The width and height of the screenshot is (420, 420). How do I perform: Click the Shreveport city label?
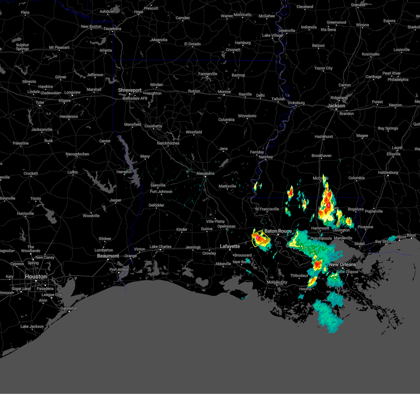click(x=129, y=90)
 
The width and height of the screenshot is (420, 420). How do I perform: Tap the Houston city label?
click(x=36, y=276)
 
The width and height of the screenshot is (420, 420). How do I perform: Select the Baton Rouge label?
click(x=278, y=231)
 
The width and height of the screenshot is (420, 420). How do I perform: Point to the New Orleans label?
click(x=342, y=265)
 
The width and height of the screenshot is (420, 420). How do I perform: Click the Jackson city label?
click(x=336, y=106)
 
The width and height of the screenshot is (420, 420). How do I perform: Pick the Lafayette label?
click(x=230, y=246)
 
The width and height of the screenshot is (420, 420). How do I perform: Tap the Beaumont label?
click(x=108, y=256)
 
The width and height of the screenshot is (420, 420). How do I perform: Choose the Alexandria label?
click(x=205, y=173)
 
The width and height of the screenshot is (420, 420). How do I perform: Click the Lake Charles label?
click(x=160, y=247)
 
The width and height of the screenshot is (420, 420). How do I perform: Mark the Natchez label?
click(x=266, y=157)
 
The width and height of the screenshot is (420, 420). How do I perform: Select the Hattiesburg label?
click(x=388, y=173)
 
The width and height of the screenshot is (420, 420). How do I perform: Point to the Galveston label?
click(x=69, y=308)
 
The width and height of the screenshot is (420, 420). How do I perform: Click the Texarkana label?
click(x=112, y=29)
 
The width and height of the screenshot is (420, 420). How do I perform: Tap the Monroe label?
click(x=224, y=92)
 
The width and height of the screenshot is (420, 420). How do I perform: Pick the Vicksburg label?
click(x=296, y=103)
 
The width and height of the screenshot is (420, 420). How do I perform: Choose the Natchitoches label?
click(x=168, y=143)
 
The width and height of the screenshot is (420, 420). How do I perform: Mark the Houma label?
click(x=305, y=289)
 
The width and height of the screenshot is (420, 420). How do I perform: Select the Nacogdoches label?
click(x=77, y=154)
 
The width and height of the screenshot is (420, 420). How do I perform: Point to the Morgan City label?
click(x=277, y=282)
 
